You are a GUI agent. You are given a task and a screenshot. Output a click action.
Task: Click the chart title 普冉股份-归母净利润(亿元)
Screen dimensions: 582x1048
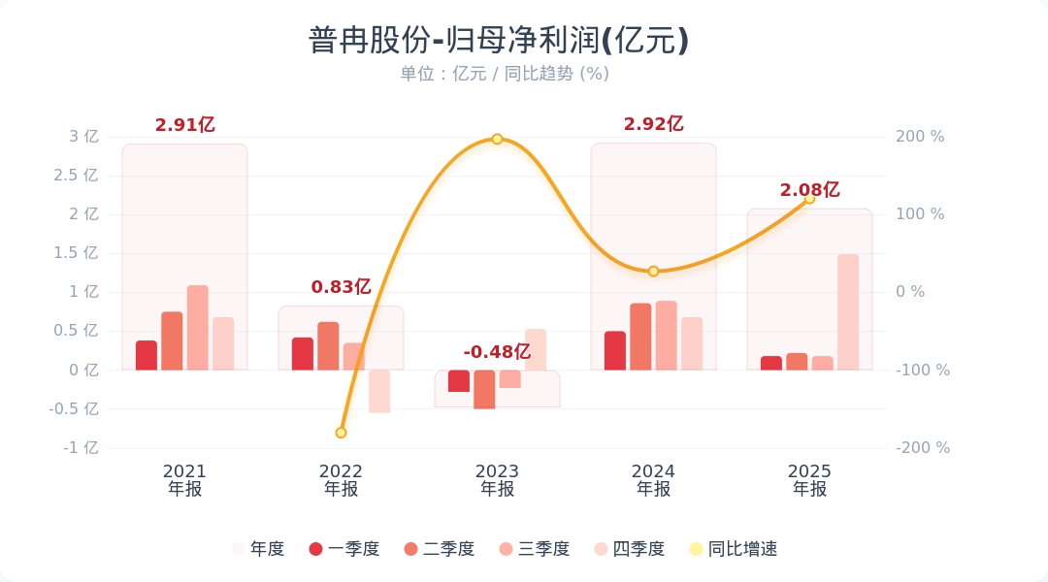pyautogui.click(x=498, y=41)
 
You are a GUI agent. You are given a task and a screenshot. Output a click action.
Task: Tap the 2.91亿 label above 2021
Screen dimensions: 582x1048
pyautogui.click(x=184, y=125)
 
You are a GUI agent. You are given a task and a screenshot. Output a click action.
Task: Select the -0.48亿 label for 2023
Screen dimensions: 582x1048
pyautogui.click(x=497, y=352)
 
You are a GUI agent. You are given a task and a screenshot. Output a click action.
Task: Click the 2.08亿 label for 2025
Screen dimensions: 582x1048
pyautogui.click(x=809, y=191)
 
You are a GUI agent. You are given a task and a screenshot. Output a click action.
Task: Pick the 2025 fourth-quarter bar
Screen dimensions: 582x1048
pyautogui.click(x=848, y=311)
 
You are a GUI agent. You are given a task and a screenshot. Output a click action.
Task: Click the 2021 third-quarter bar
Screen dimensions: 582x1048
pyautogui.click(x=198, y=327)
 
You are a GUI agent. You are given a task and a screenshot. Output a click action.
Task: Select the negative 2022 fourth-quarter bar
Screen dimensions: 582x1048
pyautogui.click(x=379, y=391)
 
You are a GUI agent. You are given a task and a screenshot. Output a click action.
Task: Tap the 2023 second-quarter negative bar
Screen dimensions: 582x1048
pyautogui.click(x=484, y=389)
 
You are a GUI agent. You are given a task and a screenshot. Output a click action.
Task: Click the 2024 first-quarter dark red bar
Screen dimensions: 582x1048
pyautogui.click(x=615, y=350)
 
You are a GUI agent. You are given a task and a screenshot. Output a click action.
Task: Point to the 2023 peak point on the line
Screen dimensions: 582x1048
pyautogui.click(x=497, y=139)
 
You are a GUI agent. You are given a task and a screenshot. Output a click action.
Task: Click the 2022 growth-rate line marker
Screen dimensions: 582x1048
pyautogui.click(x=341, y=433)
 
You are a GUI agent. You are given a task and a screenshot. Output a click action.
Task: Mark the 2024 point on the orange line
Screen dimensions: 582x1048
pyautogui.click(x=653, y=272)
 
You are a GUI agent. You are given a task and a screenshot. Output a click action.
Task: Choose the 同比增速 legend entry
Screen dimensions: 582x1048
pyautogui.click(x=735, y=549)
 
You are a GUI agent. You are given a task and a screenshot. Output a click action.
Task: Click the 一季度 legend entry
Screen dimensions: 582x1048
pyautogui.click(x=344, y=549)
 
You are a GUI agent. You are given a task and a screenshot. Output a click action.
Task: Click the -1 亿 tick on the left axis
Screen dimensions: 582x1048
pyautogui.click(x=82, y=448)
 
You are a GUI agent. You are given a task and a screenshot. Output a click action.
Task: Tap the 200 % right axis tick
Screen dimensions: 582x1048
pyautogui.click(x=920, y=137)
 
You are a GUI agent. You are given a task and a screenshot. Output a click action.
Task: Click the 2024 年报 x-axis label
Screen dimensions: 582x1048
pyautogui.click(x=653, y=480)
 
